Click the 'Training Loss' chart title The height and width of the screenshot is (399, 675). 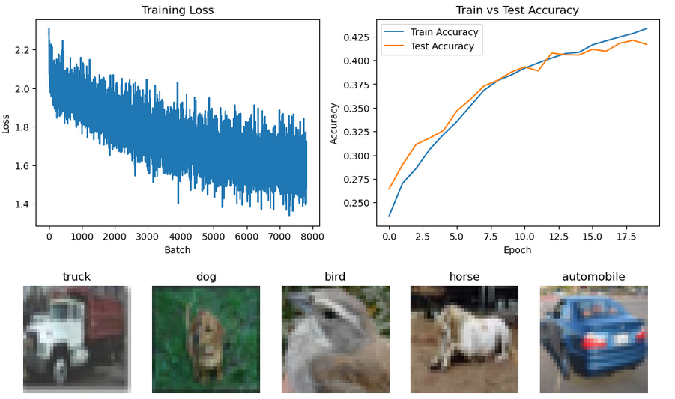tap(178, 10)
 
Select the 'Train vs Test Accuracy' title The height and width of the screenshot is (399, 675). tap(517, 10)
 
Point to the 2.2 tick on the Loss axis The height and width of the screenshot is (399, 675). tap(22, 50)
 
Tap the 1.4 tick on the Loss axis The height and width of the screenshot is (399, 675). tap(22, 204)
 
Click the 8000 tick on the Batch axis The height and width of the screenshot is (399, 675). tap(312, 237)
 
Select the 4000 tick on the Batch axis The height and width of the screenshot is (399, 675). tap(180, 237)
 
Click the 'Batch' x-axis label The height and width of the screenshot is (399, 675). tap(178, 250)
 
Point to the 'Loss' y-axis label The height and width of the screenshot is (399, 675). tap(7, 123)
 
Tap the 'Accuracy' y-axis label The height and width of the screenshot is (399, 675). tap(334, 123)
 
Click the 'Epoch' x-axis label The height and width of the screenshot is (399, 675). tap(517, 250)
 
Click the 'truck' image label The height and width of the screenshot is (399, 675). tap(76, 277)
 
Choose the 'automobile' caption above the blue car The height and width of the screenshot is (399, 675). tap(593, 277)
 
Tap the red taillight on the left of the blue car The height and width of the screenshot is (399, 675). tap(594, 341)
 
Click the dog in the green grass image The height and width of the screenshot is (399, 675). tap(204, 338)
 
